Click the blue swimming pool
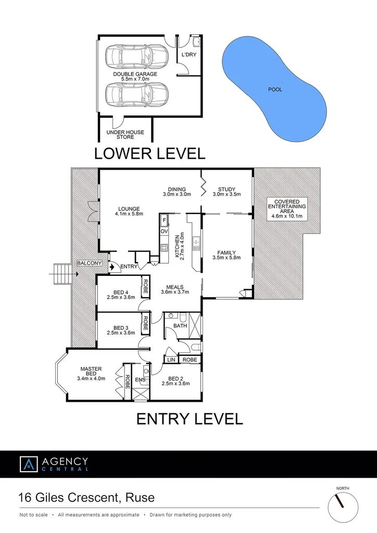tap(274, 89)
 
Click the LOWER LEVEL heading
tap(149, 154)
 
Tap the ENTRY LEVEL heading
tap(190, 418)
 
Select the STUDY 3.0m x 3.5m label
tap(227, 192)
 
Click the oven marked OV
tap(164, 231)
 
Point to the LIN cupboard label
tap(171, 360)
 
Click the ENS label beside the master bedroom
tap(140, 380)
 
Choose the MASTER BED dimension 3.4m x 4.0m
tap(91, 378)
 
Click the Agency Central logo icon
tap(29, 464)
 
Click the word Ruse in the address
tap(141, 497)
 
